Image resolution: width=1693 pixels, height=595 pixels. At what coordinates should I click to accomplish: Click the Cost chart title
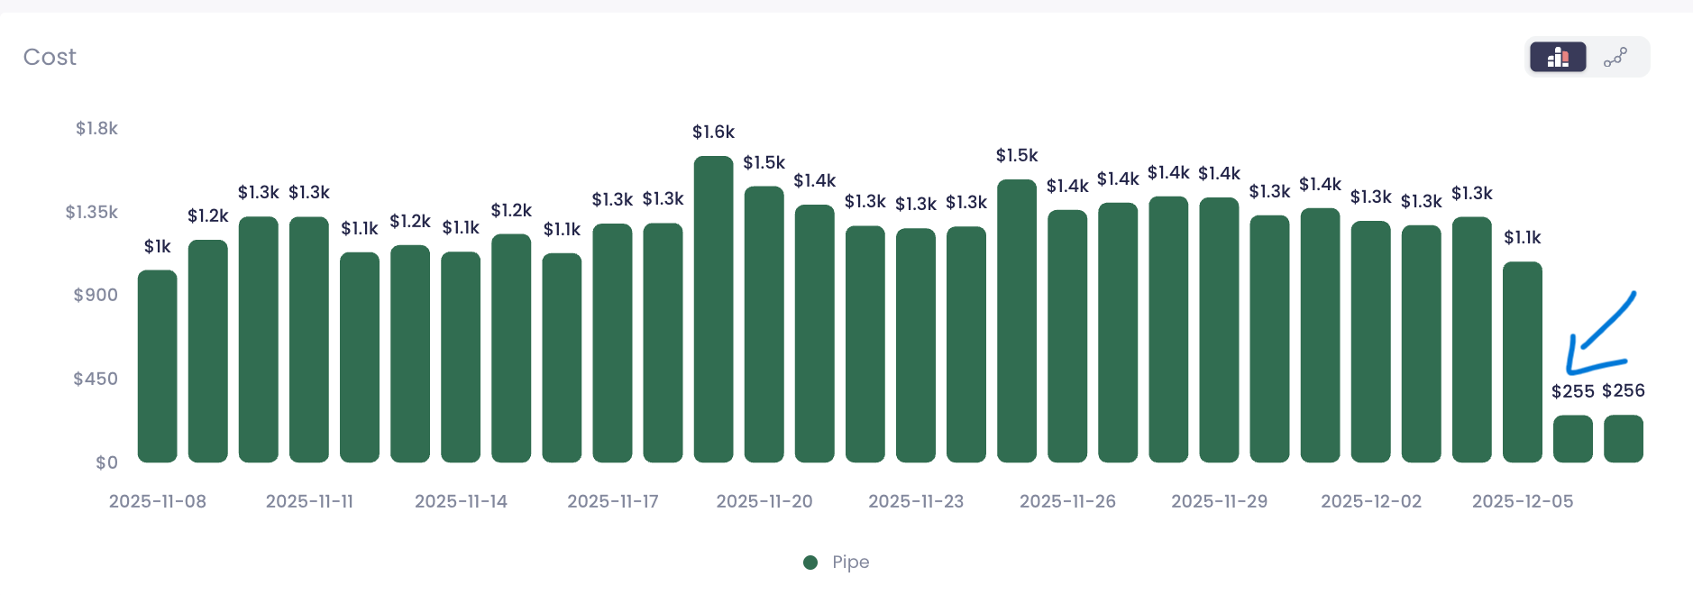pyautogui.click(x=50, y=57)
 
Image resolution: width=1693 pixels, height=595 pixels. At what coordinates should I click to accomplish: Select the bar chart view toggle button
pyautogui.click(x=1558, y=57)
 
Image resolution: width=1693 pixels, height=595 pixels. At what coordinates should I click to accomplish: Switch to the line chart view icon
pyautogui.click(x=1615, y=57)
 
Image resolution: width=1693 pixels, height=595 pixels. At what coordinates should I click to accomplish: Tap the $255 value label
pyautogui.click(x=1573, y=391)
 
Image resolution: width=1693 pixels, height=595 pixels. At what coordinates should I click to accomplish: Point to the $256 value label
pyautogui.click(x=1624, y=390)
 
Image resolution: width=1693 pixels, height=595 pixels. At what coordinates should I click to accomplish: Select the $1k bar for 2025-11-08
pyautogui.click(x=158, y=366)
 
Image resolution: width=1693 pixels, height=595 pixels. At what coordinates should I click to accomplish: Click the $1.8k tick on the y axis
pyautogui.click(x=96, y=128)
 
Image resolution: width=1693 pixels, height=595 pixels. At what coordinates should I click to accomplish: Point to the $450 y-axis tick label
pyautogui.click(x=96, y=379)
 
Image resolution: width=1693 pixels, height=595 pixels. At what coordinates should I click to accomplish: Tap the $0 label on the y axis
pyautogui.click(x=106, y=462)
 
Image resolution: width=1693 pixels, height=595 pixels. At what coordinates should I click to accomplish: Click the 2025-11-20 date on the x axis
pyautogui.click(x=764, y=501)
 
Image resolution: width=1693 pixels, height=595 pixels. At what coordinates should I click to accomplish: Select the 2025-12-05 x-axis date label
pyautogui.click(x=1523, y=501)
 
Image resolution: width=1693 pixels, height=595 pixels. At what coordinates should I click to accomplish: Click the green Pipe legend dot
pyautogui.click(x=810, y=563)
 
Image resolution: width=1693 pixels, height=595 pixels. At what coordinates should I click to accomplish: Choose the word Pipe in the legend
pyautogui.click(x=851, y=563)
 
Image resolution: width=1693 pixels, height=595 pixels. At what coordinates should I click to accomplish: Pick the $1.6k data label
pyautogui.click(x=713, y=132)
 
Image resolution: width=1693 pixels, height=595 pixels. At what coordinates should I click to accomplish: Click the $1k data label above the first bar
pyautogui.click(x=158, y=246)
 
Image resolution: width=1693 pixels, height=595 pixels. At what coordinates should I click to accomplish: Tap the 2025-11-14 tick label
pyautogui.click(x=461, y=501)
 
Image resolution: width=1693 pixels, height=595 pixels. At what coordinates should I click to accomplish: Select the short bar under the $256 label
pyautogui.click(x=1624, y=439)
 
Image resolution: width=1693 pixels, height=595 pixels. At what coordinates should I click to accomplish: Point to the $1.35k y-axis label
pyautogui.click(x=91, y=212)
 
